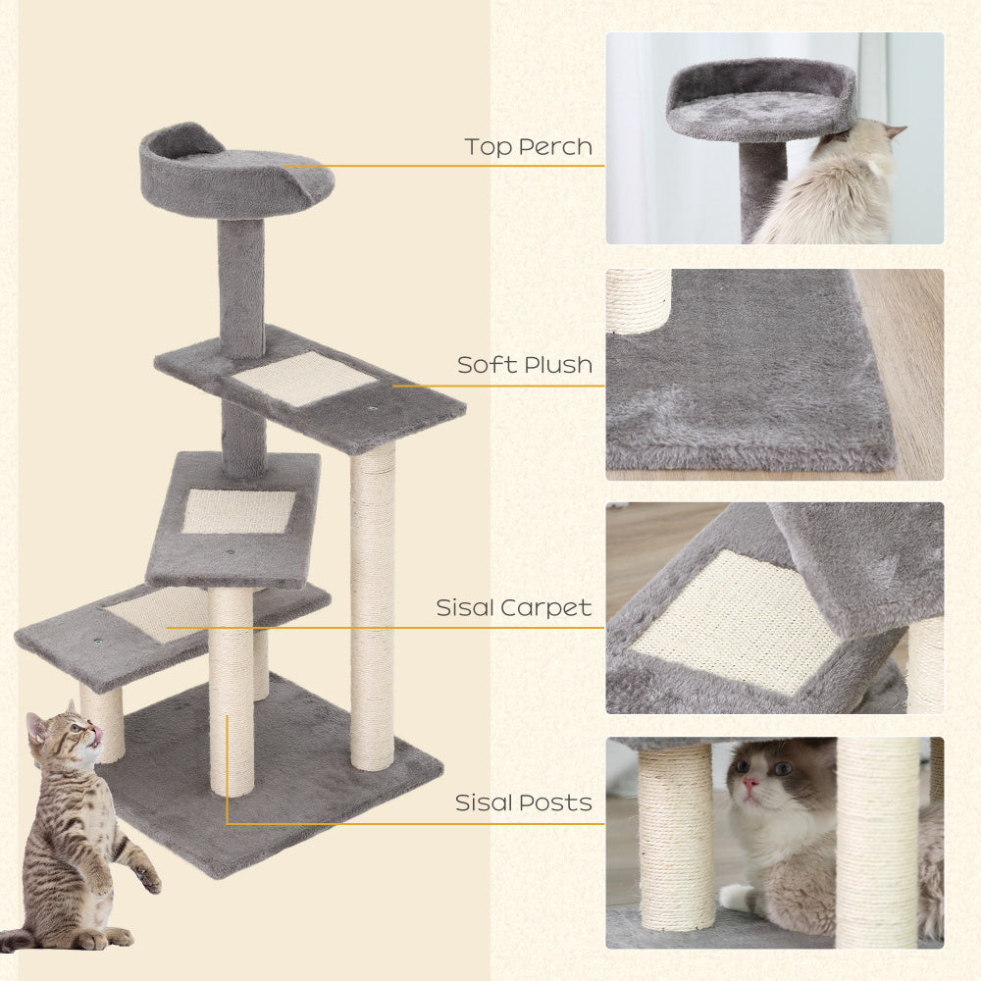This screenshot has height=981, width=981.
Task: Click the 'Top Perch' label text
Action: click(x=529, y=147)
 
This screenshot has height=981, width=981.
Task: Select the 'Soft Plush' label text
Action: click(x=525, y=365)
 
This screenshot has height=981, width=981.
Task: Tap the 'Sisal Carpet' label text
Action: click(x=514, y=608)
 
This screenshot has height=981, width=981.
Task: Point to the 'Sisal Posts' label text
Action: click(x=524, y=802)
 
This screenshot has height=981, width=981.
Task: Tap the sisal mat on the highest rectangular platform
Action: click(x=304, y=379)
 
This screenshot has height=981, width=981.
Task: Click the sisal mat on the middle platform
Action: click(x=238, y=511)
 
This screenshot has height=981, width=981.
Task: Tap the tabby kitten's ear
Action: click(x=38, y=726)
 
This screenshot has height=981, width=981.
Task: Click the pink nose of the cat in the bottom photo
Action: click(x=750, y=784)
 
